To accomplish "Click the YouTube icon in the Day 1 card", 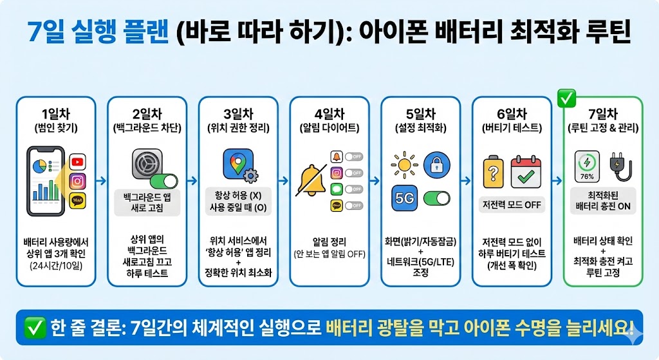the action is coord(78,162).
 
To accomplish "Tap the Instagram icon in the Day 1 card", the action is coord(78,181).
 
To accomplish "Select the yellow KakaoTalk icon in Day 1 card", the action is coord(78,200).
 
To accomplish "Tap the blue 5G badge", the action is coord(405,197).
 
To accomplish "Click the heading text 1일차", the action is coord(56,111).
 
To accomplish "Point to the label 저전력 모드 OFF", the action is coord(512,205).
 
